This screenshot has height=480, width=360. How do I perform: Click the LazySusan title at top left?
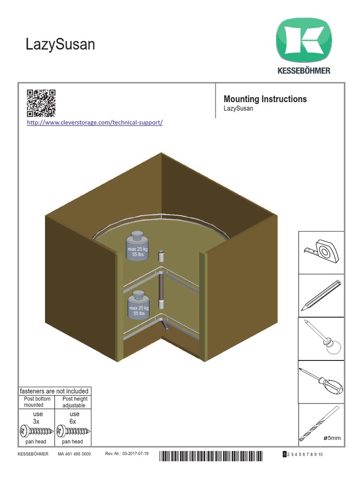point(60,45)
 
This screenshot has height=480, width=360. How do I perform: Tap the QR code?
point(41,103)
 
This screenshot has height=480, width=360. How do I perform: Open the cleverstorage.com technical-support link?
point(95,123)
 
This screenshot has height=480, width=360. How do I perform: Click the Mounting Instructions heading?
point(265,99)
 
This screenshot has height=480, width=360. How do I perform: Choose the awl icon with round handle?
point(321,337)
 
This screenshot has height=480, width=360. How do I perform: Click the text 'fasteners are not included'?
point(53,391)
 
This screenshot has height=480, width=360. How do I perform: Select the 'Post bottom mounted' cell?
point(37,402)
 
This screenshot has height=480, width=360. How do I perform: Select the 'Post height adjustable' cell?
point(72,402)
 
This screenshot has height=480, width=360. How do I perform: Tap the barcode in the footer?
point(211,455)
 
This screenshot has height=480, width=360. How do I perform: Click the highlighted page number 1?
point(284,455)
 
